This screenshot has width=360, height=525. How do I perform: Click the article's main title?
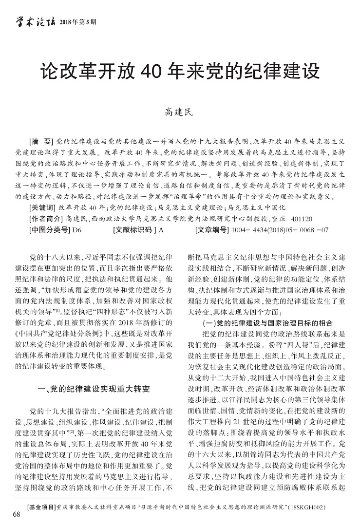point(180,71)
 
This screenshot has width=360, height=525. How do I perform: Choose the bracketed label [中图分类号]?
point(50,230)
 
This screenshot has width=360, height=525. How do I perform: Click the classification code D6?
point(77,230)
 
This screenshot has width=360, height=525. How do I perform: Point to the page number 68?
point(17,514)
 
